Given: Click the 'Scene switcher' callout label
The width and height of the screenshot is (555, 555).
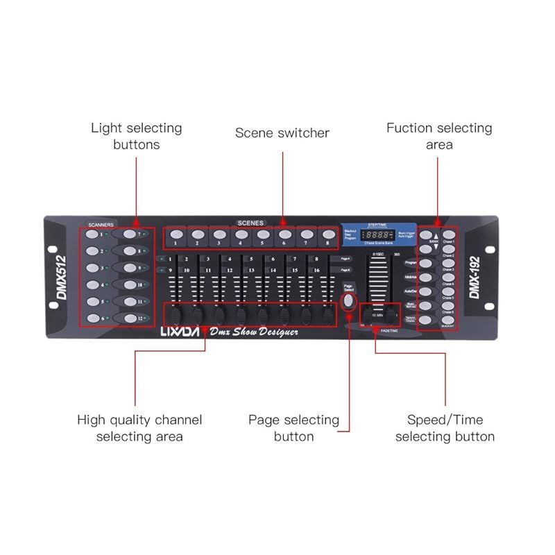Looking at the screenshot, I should (x=282, y=133).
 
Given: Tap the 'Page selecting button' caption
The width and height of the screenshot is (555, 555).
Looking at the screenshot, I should (x=293, y=428).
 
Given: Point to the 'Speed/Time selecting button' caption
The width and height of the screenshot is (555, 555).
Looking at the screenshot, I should (x=445, y=428).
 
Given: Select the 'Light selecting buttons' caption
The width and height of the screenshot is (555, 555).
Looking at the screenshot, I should (x=136, y=136).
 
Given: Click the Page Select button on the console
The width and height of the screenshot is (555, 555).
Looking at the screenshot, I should (x=349, y=300).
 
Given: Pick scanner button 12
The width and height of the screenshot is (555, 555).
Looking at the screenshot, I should (x=130, y=318).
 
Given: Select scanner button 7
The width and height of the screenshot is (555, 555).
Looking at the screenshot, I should (x=130, y=234).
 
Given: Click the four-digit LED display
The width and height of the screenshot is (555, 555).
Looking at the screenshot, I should (x=378, y=236).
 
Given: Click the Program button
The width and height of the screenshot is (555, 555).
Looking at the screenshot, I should (x=426, y=263).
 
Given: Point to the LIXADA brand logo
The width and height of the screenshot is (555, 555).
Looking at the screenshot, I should (x=181, y=332).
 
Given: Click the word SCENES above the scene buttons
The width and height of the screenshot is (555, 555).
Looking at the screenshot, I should (x=250, y=223).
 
